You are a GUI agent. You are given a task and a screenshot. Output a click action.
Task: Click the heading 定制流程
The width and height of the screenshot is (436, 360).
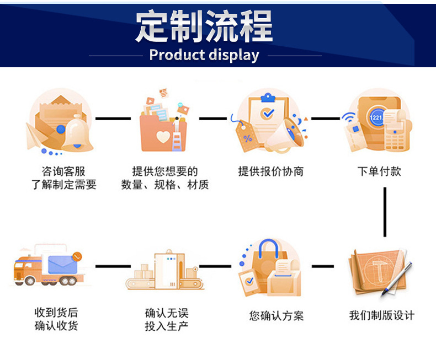[x=204, y=26]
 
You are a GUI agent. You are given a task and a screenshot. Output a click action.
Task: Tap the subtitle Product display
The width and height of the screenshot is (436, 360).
[x=204, y=55]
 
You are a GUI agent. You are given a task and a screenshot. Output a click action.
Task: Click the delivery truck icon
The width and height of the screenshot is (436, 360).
[x=49, y=267]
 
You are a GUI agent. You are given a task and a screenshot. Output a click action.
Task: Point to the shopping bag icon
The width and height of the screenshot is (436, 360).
[x=270, y=267]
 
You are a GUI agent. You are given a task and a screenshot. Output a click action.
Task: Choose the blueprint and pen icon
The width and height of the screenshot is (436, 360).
[x=381, y=271]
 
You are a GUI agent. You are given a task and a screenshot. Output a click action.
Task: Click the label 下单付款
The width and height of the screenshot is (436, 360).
[x=379, y=171]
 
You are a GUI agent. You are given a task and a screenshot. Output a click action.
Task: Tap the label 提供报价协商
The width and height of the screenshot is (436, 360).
[x=270, y=171]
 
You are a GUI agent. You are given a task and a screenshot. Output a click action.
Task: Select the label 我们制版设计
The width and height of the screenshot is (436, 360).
[x=381, y=315]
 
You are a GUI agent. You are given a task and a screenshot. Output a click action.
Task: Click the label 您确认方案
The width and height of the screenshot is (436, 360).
[x=276, y=316]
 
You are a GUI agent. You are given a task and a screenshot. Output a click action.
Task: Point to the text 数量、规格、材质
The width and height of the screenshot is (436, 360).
[x=165, y=185]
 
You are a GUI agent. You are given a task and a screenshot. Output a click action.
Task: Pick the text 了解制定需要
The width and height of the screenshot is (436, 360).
[x=63, y=185]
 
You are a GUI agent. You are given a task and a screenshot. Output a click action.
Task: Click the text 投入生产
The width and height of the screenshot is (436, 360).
[x=166, y=326]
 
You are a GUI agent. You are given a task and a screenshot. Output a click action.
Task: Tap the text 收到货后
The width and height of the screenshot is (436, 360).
[x=56, y=313]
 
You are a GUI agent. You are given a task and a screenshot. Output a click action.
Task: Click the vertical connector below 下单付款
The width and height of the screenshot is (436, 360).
[x=385, y=212]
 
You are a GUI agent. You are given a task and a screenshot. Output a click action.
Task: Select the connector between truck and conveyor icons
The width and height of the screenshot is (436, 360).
[x=113, y=266]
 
